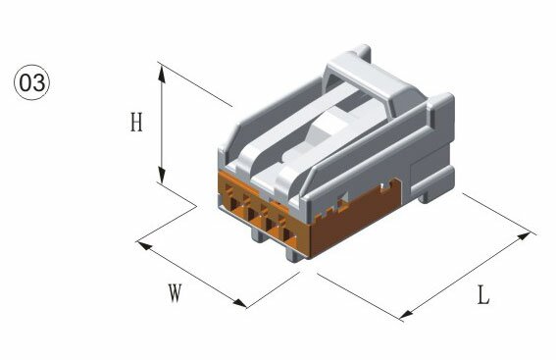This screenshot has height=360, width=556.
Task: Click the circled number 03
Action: [x=32, y=82]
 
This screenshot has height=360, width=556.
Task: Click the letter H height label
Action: [x=136, y=122]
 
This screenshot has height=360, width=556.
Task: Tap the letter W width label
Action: [x=175, y=293]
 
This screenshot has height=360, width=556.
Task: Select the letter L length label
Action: [x=483, y=294]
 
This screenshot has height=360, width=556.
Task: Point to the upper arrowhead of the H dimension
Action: [x=162, y=75]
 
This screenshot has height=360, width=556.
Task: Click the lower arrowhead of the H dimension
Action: [x=162, y=175]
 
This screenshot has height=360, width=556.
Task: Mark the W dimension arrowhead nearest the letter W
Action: [x=239, y=303]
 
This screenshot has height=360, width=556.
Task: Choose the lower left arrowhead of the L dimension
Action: [x=407, y=314]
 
